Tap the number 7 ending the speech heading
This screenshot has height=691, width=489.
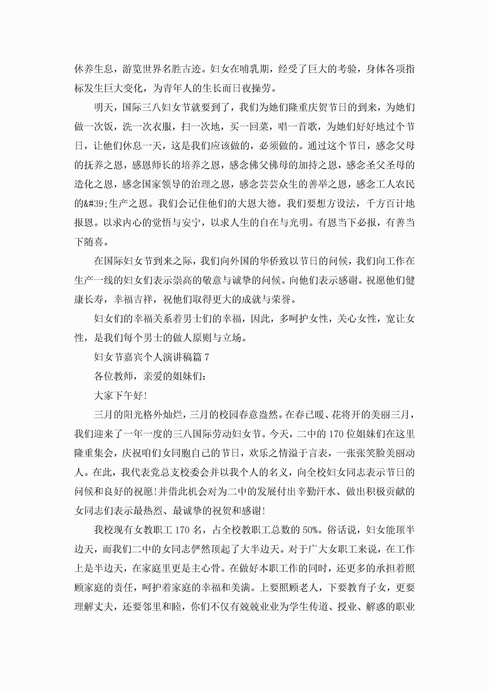[x=206, y=357]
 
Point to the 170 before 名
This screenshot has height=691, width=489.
[x=183, y=530]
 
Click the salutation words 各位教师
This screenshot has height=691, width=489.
[x=113, y=376]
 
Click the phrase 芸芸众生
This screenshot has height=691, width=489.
[x=279, y=185]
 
